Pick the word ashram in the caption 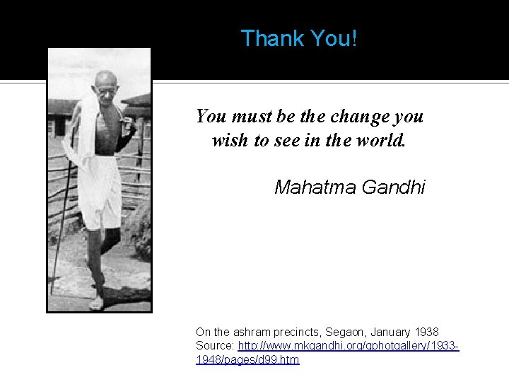pos(252,332)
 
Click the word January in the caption pos(390,332)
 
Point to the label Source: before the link pos(215,345)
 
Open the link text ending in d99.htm pos(247,359)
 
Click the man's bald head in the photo pos(105,79)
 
